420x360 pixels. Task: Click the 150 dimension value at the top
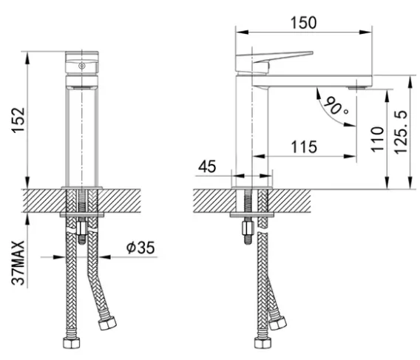click(303, 22)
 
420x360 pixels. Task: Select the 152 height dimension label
click(18, 120)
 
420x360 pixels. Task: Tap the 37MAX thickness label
click(18, 263)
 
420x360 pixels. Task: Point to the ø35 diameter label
click(140, 247)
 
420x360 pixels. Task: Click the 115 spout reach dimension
click(304, 147)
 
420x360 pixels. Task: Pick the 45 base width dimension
click(207, 166)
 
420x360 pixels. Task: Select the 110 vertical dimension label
click(378, 139)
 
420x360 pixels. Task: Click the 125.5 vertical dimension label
click(401, 132)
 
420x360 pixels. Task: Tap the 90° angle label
click(336, 106)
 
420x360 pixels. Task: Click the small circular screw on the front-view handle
click(81, 66)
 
